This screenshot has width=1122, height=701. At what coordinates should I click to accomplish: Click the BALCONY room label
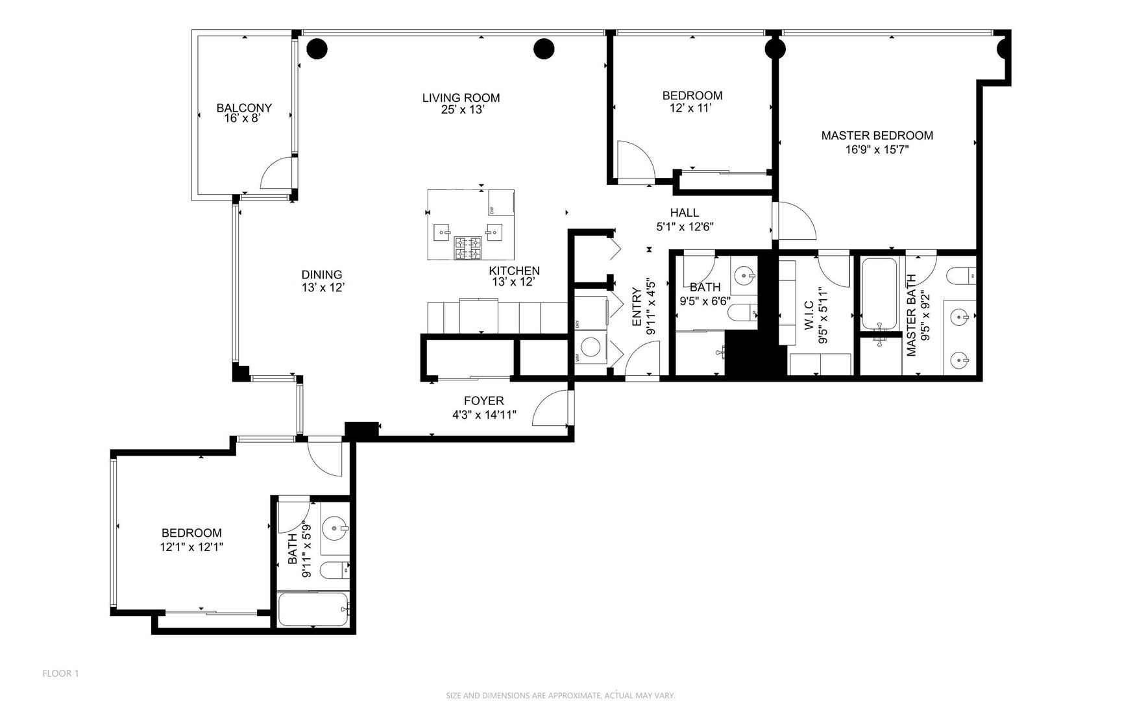click(244, 108)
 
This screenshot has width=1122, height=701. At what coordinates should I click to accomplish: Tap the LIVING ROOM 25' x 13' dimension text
click(461, 110)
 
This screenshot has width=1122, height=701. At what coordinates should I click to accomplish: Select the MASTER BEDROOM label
click(877, 136)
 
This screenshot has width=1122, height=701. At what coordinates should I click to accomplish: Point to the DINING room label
click(321, 275)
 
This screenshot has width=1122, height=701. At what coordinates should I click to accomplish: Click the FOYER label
click(483, 401)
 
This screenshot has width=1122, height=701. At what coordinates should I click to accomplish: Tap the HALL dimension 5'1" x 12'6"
click(685, 227)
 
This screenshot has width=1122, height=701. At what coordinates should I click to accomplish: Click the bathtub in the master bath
click(879, 293)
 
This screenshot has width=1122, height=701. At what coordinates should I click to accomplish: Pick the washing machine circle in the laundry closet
click(590, 347)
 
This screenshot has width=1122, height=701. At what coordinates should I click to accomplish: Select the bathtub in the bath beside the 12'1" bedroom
click(313, 609)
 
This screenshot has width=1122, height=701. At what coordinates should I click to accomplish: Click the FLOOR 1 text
click(60, 674)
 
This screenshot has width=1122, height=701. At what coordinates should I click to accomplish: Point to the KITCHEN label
click(514, 271)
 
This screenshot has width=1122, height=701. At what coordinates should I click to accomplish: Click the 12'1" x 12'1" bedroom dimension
click(191, 547)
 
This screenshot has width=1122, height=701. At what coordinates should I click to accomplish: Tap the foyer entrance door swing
click(550, 409)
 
